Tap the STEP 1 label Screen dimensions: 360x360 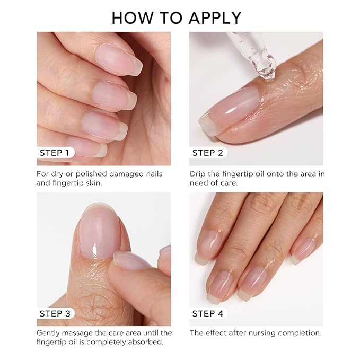(54, 153)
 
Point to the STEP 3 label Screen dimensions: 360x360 (54, 313)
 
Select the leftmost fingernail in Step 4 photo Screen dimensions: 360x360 (209, 247)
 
